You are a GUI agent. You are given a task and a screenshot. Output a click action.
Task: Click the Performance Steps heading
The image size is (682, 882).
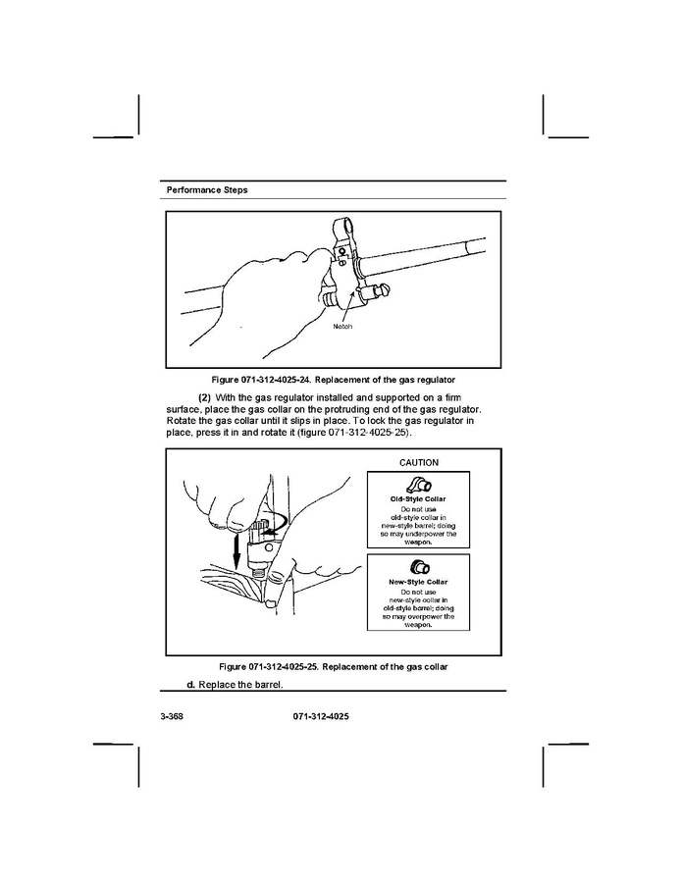tap(206, 189)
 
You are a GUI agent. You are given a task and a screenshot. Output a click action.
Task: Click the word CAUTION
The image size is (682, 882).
tap(419, 462)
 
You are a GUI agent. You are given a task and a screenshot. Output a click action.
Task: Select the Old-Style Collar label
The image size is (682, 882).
tap(418, 498)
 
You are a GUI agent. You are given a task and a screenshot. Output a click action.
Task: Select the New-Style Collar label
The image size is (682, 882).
tap(418, 581)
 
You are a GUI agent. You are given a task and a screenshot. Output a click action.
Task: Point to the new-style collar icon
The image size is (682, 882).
tap(417, 566)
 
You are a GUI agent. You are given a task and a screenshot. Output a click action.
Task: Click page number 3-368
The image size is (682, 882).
tap(172, 717)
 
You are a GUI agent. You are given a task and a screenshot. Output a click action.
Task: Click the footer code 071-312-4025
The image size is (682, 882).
tap(321, 717)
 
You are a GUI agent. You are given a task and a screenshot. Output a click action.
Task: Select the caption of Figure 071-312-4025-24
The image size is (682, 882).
tap(334, 379)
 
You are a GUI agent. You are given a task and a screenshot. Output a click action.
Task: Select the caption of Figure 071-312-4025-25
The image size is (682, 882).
tap(329, 667)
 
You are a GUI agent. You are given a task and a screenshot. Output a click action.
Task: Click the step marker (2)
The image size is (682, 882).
tap(204, 396)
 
